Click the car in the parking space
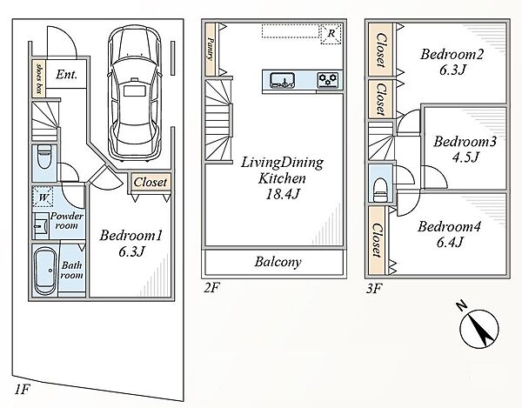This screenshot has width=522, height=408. pyautogui.click(x=135, y=93)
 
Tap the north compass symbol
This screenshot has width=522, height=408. pyautogui.click(x=478, y=328)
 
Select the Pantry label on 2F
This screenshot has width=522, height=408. pyautogui.click(x=210, y=49)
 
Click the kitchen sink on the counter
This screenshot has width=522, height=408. pyautogui.click(x=282, y=81)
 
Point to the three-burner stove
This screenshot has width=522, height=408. pyautogui.click(x=328, y=80)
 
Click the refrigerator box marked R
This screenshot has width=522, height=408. pyautogui.click(x=331, y=34)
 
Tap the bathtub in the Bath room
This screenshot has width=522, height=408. pyautogui.click(x=45, y=271)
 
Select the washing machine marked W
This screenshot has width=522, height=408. pyautogui.click(x=43, y=197)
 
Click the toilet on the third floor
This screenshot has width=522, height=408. pyautogui.click(x=380, y=190)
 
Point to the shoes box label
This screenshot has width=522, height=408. pyautogui.click(x=39, y=78)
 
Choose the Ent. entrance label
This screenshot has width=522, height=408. pyautogui.click(x=67, y=74)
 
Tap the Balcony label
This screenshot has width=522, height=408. pyautogui.click(x=278, y=262)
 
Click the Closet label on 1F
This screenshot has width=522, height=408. pyautogui.click(x=151, y=182)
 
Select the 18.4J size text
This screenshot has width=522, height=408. pyautogui.click(x=282, y=194)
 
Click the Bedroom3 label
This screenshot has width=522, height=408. pyautogui.click(x=465, y=142)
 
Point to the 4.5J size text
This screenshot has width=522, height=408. pyautogui.click(x=465, y=157)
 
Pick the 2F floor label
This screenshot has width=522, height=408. pyautogui.click(x=211, y=288)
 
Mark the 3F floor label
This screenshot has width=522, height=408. pyautogui.click(x=373, y=288)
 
